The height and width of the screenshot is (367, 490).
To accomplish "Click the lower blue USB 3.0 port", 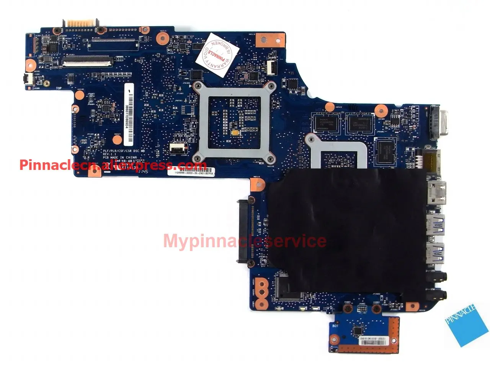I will tap(435, 251).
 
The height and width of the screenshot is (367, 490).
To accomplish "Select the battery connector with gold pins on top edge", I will tap(82, 23).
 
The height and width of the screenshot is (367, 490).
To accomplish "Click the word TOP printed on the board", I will tap(59, 88).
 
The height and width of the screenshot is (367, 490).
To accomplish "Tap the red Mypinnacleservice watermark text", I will tap(245, 241).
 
